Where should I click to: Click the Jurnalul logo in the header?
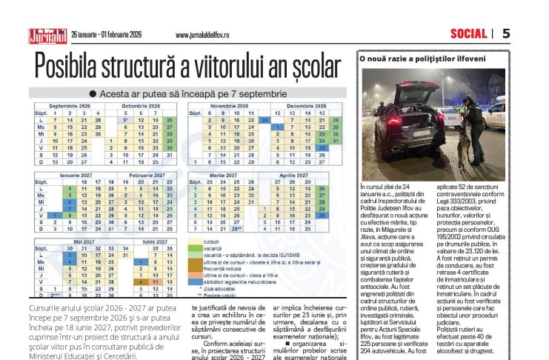(x=47, y=35)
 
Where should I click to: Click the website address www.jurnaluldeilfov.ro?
(x=207, y=35)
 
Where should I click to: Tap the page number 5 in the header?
(x=506, y=33)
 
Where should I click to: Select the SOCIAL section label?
(x=468, y=33)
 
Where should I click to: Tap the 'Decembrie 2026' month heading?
(x=301, y=107)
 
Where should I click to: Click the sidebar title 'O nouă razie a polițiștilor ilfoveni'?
(x=423, y=58)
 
